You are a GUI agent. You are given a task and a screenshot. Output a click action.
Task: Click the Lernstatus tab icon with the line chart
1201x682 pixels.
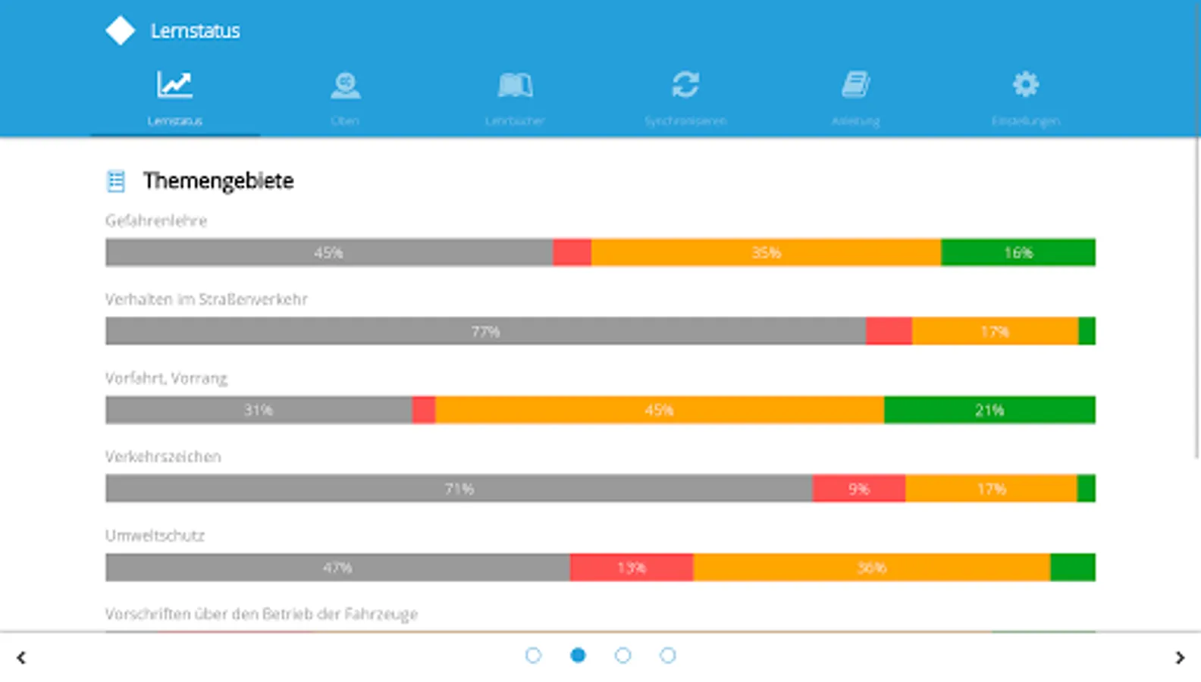(x=174, y=84)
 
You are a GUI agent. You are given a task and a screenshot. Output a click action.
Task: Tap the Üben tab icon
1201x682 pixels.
(x=345, y=85)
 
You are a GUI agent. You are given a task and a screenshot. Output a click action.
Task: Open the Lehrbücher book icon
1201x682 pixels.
(x=515, y=85)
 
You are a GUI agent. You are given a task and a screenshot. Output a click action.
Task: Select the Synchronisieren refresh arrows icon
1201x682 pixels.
(x=685, y=84)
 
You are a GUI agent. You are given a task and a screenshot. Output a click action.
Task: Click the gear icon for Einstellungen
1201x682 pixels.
(x=1025, y=84)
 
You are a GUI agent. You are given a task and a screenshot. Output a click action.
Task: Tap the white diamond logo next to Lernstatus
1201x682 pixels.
(x=120, y=31)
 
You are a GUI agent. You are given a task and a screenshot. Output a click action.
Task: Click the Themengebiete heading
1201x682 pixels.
(x=218, y=181)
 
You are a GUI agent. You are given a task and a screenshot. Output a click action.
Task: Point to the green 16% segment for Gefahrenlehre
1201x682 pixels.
(x=1018, y=252)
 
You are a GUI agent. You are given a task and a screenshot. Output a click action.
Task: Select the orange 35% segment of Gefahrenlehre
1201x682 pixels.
(x=766, y=252)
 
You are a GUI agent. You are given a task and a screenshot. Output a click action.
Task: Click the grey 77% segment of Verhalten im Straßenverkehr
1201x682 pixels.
(x=485, y=331)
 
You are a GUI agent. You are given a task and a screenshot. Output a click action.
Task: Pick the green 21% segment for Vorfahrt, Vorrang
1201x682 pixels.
(x=989, y=410)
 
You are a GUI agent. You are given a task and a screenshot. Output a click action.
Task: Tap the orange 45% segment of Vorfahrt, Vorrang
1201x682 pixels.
(x=659, y=410)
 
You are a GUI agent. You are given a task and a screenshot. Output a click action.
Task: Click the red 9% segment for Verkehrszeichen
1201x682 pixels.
(x=858, y=489)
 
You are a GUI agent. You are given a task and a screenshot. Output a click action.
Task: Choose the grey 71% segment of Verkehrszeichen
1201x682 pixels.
(x=459, y=489)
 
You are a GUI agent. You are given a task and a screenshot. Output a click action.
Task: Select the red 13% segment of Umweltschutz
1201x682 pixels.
(x=631, y=568)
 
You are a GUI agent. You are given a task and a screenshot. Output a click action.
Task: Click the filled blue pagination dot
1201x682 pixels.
(x=578, y=655)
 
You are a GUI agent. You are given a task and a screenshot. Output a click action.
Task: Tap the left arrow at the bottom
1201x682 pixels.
(x=21, y=658)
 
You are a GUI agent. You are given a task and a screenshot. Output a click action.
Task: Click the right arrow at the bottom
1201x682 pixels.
(x=1180, y=658)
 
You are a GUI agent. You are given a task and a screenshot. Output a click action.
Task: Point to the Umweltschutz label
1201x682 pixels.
(x=155, y=536)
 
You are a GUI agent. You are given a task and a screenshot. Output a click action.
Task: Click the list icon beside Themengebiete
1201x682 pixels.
(x=116, y=181)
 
